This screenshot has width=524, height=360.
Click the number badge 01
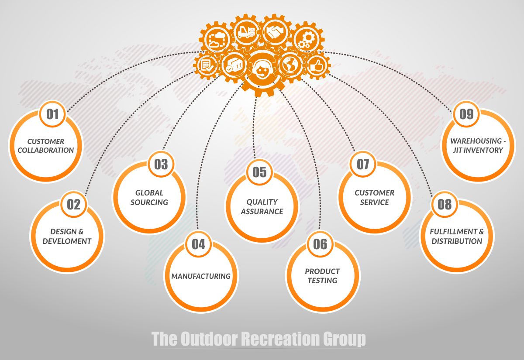click(52, 114)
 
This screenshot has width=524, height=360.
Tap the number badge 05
click(259, 172)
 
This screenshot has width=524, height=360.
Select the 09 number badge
click(466, 114)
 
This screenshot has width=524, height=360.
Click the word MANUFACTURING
click(201, 276)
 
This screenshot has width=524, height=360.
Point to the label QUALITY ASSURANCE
click(262, 207)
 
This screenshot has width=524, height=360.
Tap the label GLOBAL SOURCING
click(149, 197)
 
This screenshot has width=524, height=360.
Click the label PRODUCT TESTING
click(322, 276)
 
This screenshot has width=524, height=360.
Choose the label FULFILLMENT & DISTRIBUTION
click(457, 237)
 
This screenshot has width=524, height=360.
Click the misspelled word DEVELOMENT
click(67, 241)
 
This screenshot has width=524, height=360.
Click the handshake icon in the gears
click(275, 33)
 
